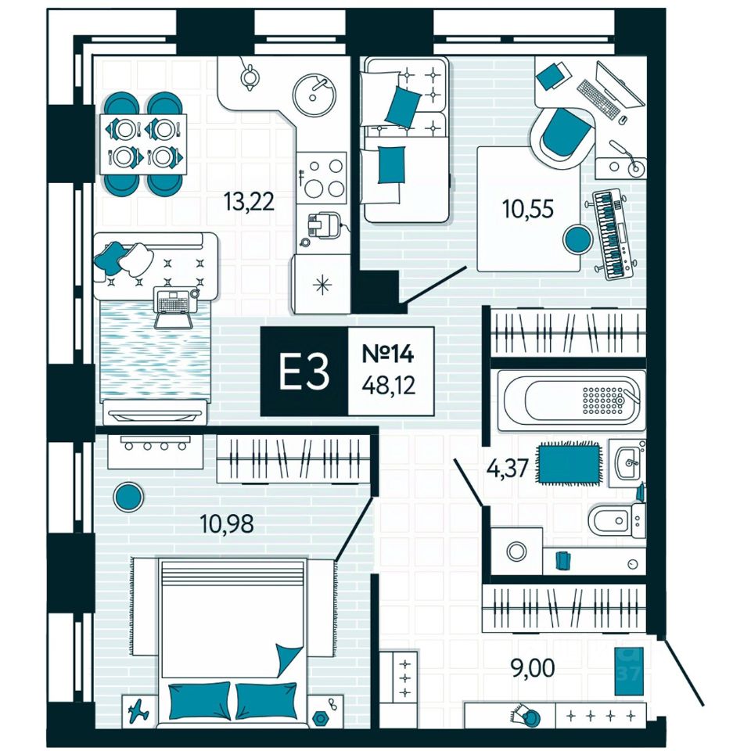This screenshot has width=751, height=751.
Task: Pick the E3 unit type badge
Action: point(304,372)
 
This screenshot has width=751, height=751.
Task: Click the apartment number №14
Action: point(387,354)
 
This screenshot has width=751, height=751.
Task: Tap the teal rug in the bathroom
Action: point(569,462)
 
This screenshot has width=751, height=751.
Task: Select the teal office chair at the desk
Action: point(562,135)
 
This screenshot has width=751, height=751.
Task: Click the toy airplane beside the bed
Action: point(138,710)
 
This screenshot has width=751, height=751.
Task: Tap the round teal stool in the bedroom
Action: point(128,495)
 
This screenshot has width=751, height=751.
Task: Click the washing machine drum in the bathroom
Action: point(515,551)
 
